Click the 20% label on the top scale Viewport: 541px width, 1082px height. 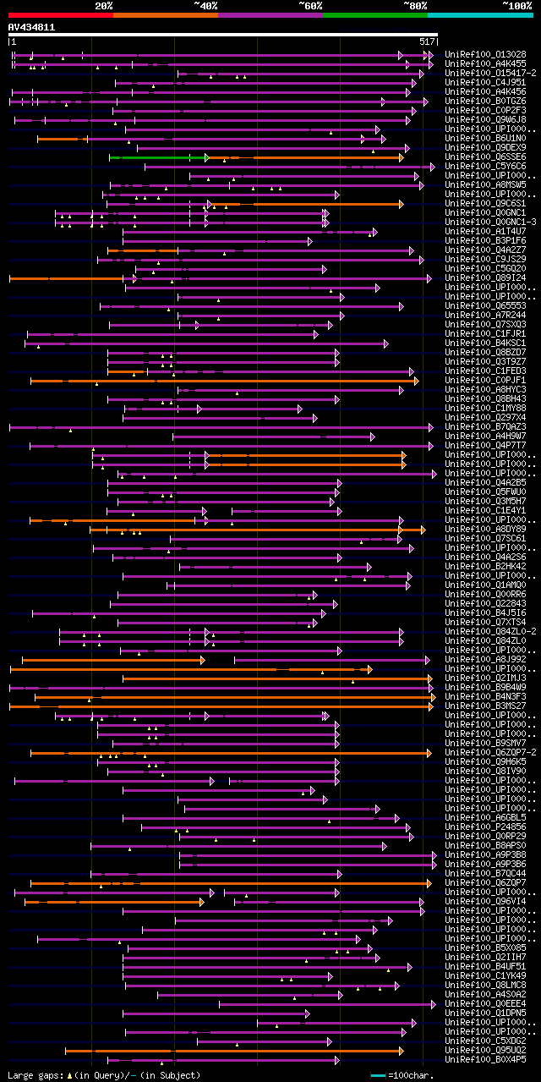pyautogui.click(x=104, y=6)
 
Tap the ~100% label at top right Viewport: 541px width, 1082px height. pyautogui.click(x=516, y=6)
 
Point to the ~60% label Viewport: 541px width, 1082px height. pyautogui.click(x=310, y=6)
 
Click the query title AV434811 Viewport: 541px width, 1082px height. pyautogui.click(x=32, y=27)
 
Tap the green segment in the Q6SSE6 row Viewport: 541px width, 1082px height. pyautogui.click(x=157, y=157)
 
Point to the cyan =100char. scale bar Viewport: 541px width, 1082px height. pyautogui.click(x=379, y=1075)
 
